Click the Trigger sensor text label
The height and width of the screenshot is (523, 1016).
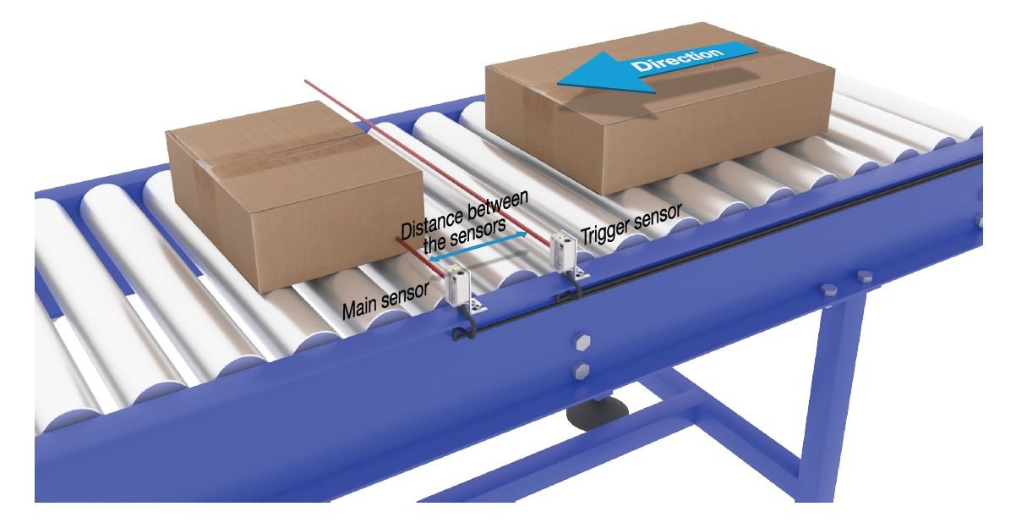629,222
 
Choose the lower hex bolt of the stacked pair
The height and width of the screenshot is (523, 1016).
581,369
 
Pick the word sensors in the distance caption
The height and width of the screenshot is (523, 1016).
478,232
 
